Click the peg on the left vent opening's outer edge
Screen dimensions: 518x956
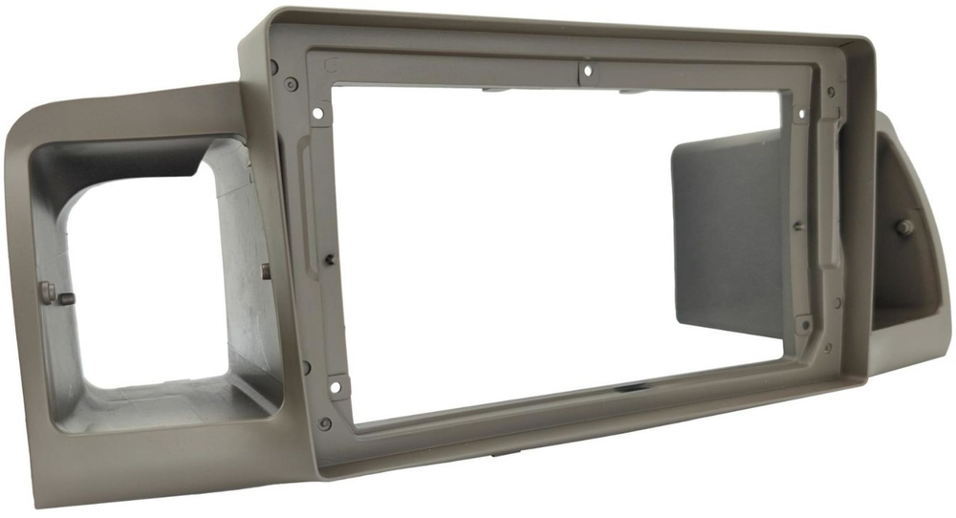click(64, 298)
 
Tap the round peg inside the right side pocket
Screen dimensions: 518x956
click(903, 227)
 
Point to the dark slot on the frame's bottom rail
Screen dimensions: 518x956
click(635, 389)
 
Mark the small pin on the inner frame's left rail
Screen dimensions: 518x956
click(329, 257)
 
